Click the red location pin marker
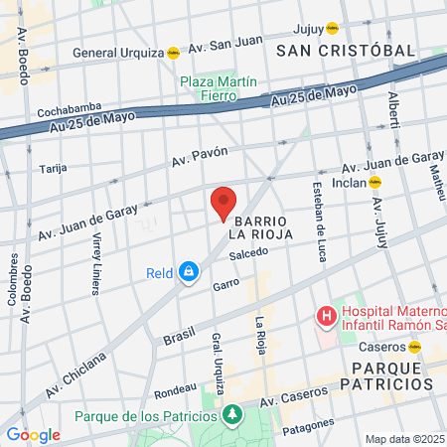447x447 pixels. pos(224,205)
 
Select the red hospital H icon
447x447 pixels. pos(325,317)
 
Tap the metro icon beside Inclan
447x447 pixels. pos(375,182)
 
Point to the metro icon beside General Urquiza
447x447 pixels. pos(173,53)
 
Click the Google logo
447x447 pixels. pos(33,435)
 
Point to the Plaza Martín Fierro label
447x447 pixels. pos(219,89)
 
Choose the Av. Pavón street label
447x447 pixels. pos(200,156)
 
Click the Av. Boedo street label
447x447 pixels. pos(21,59)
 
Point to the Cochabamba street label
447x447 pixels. pos(66,112)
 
